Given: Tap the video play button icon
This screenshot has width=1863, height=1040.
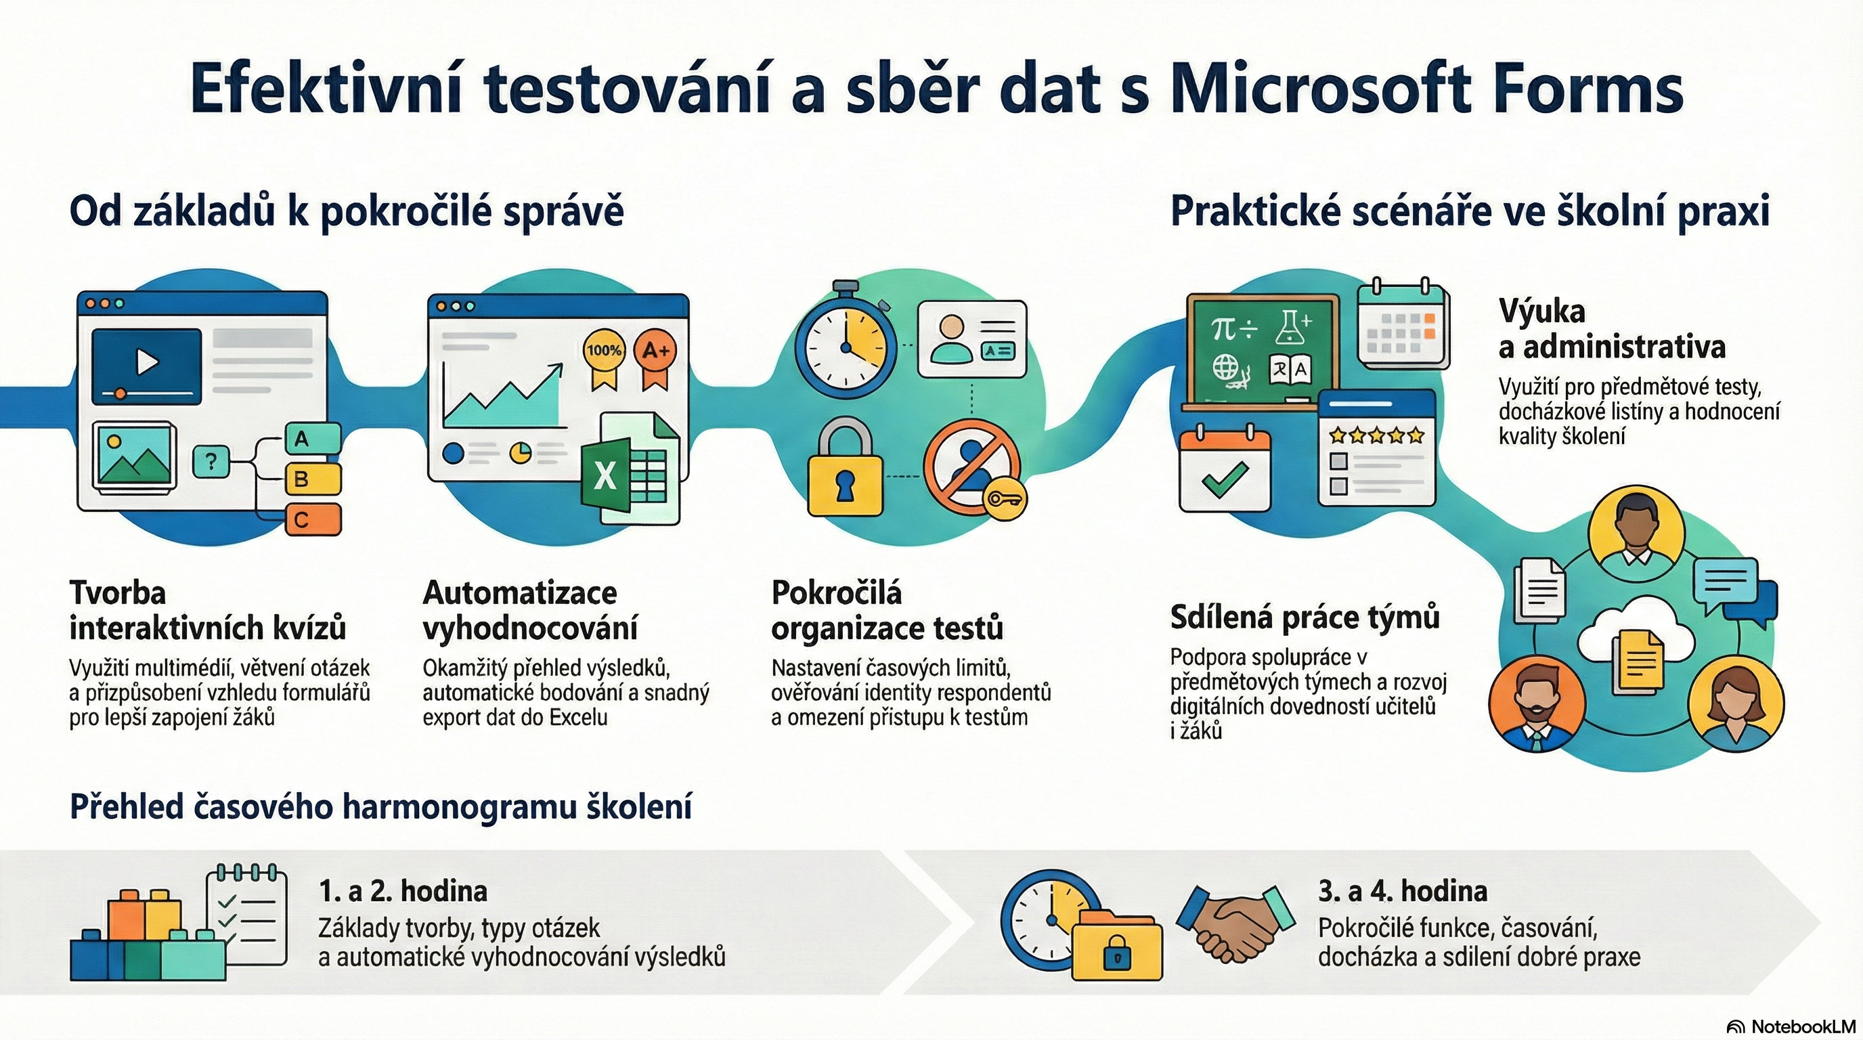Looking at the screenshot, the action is (147, 361).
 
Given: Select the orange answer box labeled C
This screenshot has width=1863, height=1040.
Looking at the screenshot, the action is (313, 519).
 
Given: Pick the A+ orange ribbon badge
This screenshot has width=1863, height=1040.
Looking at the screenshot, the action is (655, 359).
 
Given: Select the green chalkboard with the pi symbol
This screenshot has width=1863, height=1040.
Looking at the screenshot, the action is (1263, 352).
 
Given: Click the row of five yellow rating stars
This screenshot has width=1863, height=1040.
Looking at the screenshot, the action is (1377, 435).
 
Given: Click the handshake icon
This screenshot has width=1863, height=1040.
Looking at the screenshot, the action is (1235, 922).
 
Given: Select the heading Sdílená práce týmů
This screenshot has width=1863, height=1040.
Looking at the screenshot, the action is (1305, 617).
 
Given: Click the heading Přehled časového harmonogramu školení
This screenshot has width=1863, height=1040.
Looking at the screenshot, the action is (380, 806).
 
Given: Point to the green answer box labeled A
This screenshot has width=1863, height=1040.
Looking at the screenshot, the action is (313, 437).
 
